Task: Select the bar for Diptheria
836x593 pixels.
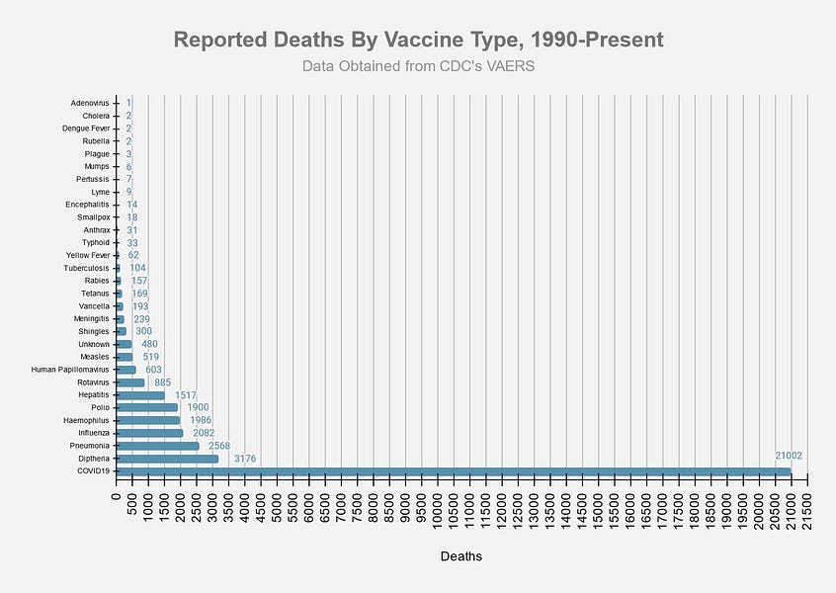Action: click(167, 459)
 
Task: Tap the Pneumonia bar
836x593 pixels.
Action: click(157, 446)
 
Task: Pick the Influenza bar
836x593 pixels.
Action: click(149, 433)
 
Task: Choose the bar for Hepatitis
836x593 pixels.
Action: click(140, 395)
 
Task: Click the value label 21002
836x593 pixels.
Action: click(789, 456)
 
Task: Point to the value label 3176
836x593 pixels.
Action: click(245, 459)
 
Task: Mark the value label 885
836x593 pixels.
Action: click(163, 382)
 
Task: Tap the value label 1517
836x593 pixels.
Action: click(186, 395)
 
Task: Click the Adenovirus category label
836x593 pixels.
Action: click(90, 103)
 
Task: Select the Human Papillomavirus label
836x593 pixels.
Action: click(70, 370)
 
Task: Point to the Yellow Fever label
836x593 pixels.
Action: click(87, 255)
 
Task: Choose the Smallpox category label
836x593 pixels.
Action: click(91, 216)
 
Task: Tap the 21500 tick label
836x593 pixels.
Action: click(807, 511)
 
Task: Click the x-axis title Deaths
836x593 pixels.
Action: click(461, 556)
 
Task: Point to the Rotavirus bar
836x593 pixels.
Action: click(130, 382)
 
